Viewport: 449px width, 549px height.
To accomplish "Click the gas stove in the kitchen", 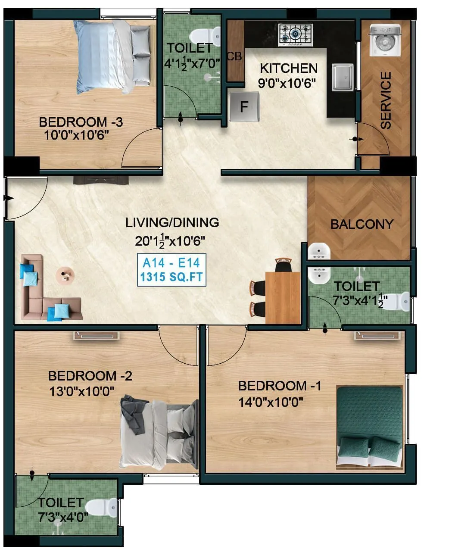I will pyautogui.click(x=295, y=34).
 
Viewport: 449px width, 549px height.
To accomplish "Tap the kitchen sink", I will pyautogui.click(x=343, y=77).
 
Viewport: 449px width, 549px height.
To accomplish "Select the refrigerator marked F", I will pyautogui.click(x=244, y=106).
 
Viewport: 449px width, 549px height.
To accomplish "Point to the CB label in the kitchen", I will pyautogui.click(x=234, y=56).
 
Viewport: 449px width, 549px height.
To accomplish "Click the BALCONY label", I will pyautogui.click(x=362, y=224).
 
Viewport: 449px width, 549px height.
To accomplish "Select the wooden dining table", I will pyautogui.click(x=283, y=297).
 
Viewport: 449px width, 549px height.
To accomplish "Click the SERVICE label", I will pyautogui.click(x=386, y=100).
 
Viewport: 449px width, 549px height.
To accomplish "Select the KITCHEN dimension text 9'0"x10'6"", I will pyautogui.click(x=287, y=83).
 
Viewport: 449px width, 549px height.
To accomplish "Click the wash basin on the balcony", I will pyautogui.click(x=319, y=251).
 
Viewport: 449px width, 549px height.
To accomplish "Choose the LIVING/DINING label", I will pyautogui.click(x=172, y=222).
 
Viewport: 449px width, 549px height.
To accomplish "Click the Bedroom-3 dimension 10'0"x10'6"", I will pyautogui.click(x=76, y=135).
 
